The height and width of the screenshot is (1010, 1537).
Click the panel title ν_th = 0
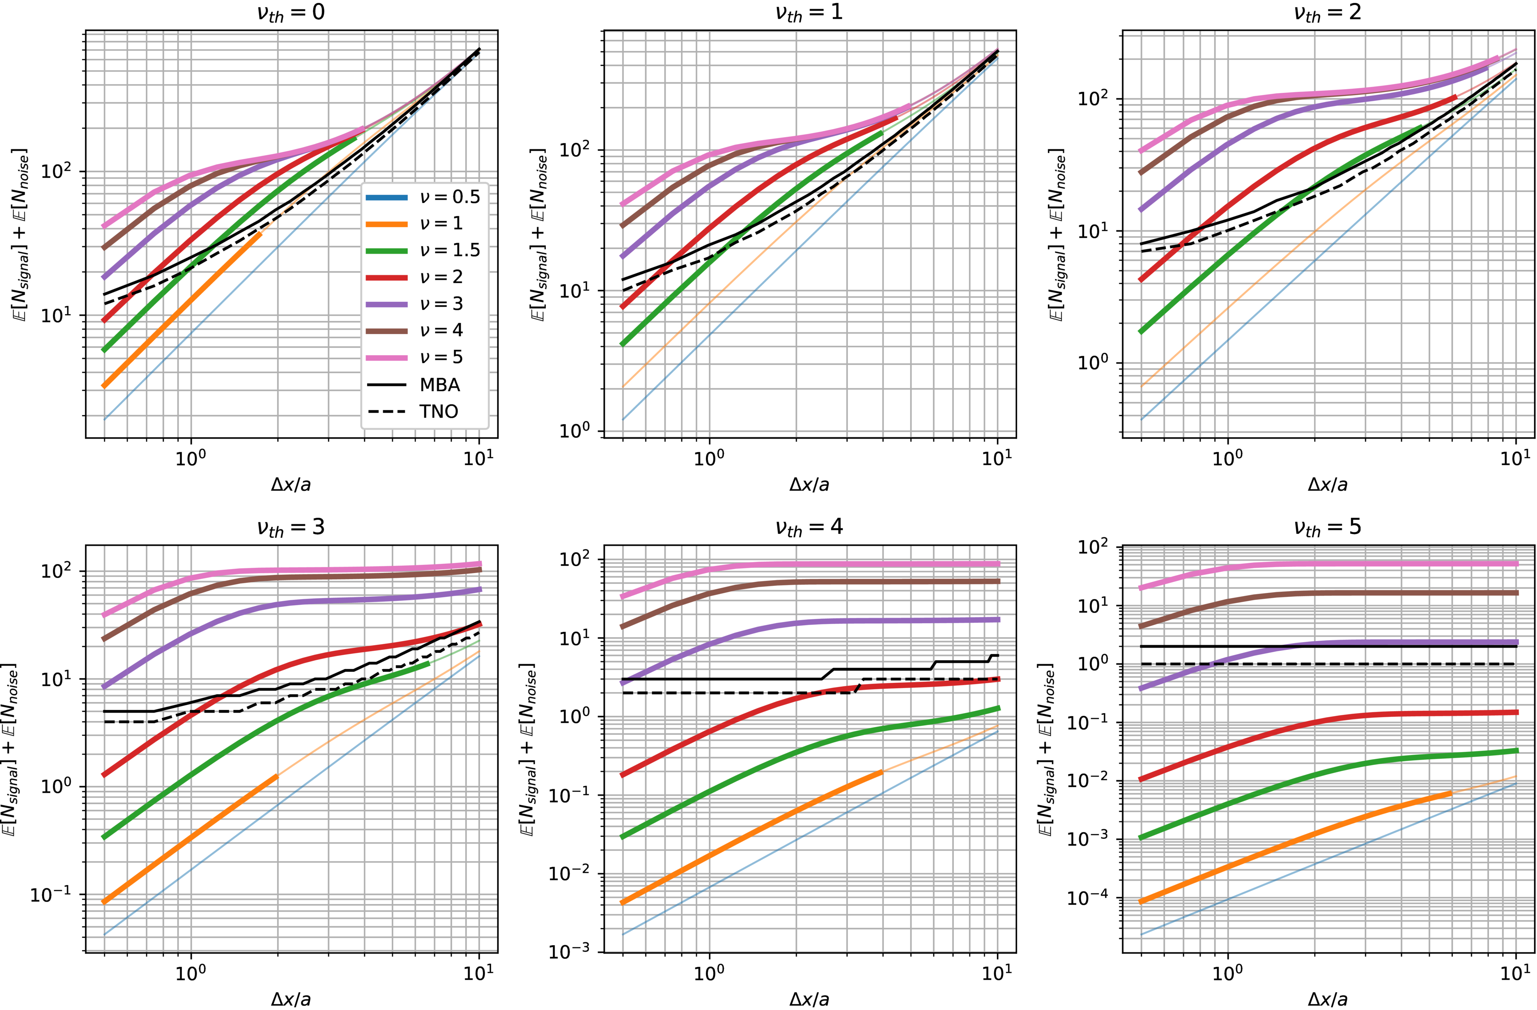coord(291,13)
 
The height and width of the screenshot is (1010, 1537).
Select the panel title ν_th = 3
coord(291,528)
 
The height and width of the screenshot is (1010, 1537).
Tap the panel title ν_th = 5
coord(1327,528)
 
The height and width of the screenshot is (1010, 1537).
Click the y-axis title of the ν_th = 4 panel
coord(528,749)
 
